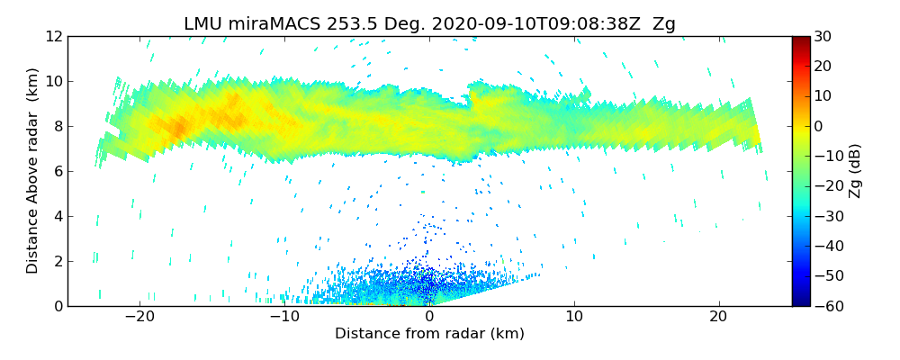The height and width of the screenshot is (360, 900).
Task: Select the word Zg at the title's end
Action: [664, 24]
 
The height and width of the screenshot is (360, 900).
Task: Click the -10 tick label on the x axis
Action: [284, 317]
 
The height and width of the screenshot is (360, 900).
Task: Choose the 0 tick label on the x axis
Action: [429, 317]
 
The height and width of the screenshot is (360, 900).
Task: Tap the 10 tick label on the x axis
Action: [574, 317]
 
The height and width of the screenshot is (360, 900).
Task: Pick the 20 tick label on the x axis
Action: [718, 317]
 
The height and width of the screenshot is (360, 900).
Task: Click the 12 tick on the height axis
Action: [54, 36]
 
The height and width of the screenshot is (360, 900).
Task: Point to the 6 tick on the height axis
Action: [58, 171]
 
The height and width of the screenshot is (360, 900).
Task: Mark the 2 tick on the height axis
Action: [58, 261]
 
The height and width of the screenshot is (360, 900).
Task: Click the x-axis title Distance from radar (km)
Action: [429, 334]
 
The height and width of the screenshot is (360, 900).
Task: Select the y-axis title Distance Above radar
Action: [32, 170]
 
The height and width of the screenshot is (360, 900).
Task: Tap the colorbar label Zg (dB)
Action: [855, 171]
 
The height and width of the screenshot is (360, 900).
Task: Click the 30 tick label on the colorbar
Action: [823, 36]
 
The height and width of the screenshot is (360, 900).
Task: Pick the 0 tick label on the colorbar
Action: [819, 126]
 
